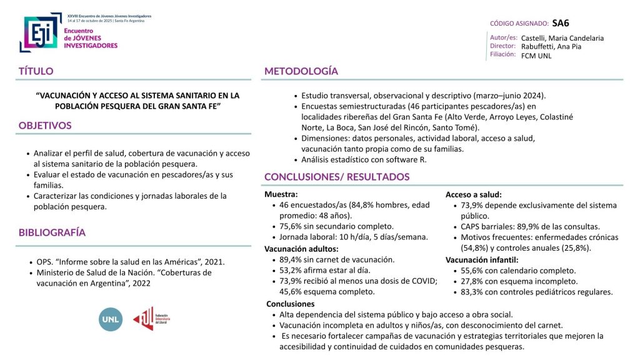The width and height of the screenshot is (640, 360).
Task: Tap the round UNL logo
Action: pos(111,319)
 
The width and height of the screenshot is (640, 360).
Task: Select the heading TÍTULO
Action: pos(36,71)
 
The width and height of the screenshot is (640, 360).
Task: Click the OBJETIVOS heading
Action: pos(45,125)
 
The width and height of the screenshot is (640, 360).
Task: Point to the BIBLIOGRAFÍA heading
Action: pos(52,232)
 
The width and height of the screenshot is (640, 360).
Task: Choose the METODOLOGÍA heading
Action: pos(301,71)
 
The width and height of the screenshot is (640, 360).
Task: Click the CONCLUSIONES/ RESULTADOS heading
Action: pos(337,177)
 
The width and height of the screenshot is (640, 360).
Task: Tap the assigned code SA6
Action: pos(561,23)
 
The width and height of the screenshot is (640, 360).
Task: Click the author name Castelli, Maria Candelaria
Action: pos(562,38)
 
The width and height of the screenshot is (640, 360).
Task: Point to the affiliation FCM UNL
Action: pos(536,56)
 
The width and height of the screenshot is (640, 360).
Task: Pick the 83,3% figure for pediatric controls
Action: pos(473,292)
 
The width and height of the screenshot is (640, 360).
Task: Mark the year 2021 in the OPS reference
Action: pos(212,262)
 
